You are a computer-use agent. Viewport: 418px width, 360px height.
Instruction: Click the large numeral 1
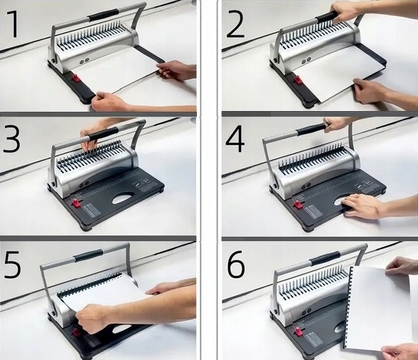click(x=11, y=25)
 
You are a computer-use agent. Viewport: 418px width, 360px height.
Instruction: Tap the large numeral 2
click(x=235, y=25)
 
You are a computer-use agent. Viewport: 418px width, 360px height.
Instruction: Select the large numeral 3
click(x=11, y=140)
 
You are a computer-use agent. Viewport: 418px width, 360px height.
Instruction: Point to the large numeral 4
click(x=235, y=140)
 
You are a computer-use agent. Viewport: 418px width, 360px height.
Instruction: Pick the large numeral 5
click(x=12, y=264)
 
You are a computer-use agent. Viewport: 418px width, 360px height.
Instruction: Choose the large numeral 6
click(x=236, y=264)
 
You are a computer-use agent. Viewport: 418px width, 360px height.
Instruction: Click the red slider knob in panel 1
click(x=77, y=79)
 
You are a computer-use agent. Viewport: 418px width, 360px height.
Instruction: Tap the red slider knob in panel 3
click(x=75, y=202)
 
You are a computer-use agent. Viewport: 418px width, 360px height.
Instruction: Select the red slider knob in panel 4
click(x=297, y=204)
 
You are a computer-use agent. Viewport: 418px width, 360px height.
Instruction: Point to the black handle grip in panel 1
click(x=104, y=15)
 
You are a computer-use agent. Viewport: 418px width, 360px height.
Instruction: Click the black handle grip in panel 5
click(x=88, y=255)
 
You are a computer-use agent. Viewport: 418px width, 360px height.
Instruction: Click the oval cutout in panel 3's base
click(x=124, y=198)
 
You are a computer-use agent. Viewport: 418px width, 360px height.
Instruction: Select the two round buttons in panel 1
click(x=84, y=61)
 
